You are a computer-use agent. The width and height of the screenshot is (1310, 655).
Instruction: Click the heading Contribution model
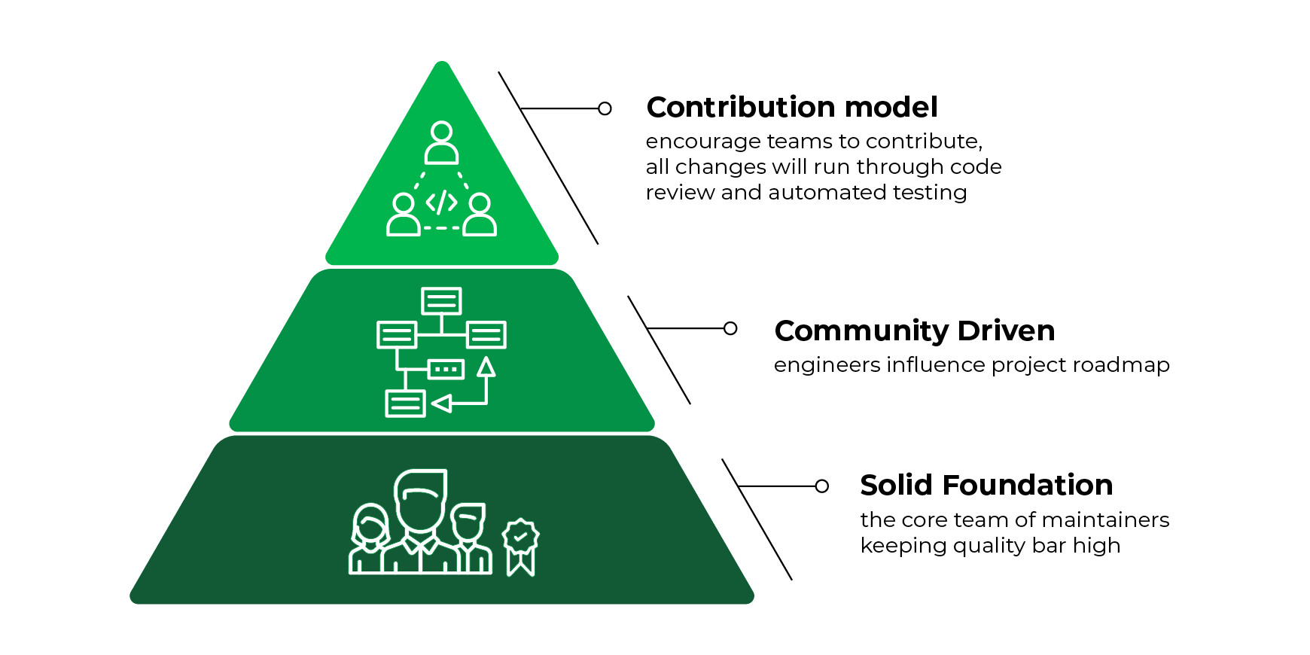click(791, 108)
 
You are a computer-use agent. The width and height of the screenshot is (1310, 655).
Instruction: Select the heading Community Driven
click(914, 331)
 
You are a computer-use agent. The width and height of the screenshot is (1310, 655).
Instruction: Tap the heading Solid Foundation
click(986, 486)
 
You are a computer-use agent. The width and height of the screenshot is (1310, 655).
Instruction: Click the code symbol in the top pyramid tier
click(441, 203)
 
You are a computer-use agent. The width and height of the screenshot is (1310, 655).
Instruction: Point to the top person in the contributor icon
click(441, 143)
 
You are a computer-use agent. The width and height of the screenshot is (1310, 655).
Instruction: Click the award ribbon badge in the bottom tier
click(521, 545)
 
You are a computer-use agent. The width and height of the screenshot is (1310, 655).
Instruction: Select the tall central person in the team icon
click(421, 519)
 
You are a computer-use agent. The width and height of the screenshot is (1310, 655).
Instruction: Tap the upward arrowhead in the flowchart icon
click(486, 367)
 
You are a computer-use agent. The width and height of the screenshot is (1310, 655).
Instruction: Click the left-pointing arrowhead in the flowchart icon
click(442, 404)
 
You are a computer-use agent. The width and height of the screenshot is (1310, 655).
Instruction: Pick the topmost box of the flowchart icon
click(441, 301)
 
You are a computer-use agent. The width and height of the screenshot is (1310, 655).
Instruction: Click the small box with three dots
click(446, 369)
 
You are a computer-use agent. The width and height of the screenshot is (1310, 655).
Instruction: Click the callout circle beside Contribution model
click(605, 108)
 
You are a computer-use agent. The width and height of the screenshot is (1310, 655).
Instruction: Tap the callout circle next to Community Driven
click(730, 328)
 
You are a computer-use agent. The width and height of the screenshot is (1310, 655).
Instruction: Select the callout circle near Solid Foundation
click(822, 486)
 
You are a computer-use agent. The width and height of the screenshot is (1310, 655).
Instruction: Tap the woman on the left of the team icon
click(369, 538)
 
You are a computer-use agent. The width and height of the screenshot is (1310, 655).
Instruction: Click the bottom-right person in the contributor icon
click(480, 215)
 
